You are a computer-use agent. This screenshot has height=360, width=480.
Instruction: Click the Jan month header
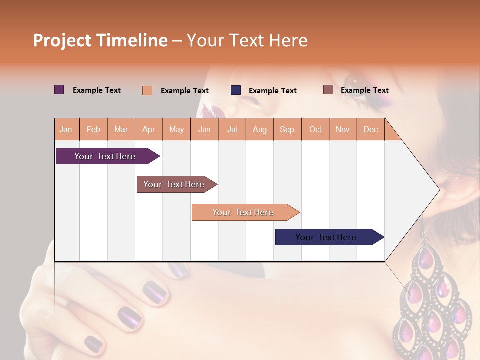tap(66, 129)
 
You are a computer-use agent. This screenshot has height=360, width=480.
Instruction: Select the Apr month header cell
tap(149, 129)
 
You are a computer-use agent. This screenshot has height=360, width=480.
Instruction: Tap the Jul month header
tap(232, 129)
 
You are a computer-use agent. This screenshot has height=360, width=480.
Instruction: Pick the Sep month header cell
tap(287, 129)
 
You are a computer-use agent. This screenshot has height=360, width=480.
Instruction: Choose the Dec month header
tap(370, 129)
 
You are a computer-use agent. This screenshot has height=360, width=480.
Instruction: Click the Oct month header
tap(315, 129)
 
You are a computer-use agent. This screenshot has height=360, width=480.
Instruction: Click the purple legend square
tap(59, 90)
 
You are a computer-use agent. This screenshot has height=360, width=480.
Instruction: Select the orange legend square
tap(147, 90)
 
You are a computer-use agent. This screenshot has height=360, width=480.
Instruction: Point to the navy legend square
tap(236, 90)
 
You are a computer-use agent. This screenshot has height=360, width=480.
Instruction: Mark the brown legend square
tap(328, 90)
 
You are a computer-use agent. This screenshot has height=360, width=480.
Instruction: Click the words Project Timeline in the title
tap(100, 40)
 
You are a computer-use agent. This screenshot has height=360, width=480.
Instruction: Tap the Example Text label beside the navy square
tap(272, 91)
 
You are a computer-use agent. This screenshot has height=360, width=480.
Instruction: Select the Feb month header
tap(93, 129)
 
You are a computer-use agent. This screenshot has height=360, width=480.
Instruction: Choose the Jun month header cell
tap(204, 129)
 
